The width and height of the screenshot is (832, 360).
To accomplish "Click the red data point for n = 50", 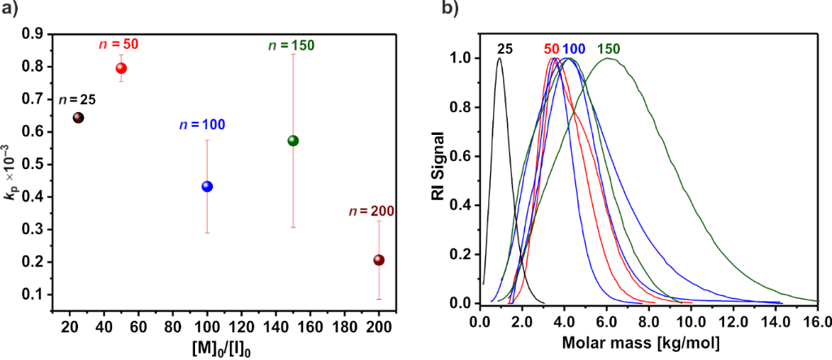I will [x=121, y=68].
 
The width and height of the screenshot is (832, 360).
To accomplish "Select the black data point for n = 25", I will [x=79, y=117].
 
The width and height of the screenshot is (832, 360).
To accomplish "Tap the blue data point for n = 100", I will [x=207, y=186].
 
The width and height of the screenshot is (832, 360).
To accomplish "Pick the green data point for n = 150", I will [x=293, y=141].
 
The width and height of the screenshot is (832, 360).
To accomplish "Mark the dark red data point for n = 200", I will [x=379, y=260].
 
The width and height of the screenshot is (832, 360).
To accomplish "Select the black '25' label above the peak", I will [x=505, y=50].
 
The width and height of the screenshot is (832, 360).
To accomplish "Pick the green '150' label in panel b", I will [x=609, y=50].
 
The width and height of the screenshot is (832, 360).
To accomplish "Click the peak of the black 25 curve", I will [x=500, y=59].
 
